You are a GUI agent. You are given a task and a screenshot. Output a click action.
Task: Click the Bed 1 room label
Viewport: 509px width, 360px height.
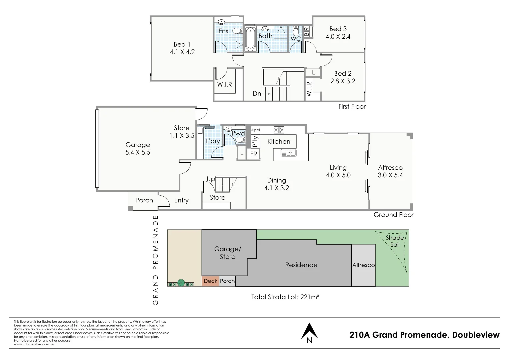click(x=182, y=44)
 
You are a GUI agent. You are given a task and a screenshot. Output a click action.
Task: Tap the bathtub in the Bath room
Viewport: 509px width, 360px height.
click(x=250, y=39)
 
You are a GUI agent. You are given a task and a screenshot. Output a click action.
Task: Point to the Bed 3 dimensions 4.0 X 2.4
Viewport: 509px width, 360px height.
click(x=338, y=37)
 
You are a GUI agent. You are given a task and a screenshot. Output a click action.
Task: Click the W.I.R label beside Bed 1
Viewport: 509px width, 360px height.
click(x=224, y=84)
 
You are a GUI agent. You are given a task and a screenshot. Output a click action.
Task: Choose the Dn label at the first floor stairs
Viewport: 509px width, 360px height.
click(x=257, y=94)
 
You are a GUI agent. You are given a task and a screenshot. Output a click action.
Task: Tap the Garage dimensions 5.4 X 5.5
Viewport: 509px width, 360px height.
click(x=138, y=152)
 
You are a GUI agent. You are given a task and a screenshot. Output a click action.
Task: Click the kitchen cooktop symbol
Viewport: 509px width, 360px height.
click(x=279, y=130)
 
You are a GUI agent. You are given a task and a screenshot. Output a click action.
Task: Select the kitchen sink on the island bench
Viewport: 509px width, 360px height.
click(x=288, y=153)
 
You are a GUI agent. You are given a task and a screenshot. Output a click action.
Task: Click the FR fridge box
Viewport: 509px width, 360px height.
click(x=254, y=154)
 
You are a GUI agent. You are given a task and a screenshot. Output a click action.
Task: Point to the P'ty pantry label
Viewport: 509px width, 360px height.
click(x=255, y=141)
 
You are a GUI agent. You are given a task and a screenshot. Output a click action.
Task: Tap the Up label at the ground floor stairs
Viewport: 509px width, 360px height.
click(x=211, y=179)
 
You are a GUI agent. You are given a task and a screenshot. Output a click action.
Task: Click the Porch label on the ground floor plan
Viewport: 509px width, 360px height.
click(x=144, y=200)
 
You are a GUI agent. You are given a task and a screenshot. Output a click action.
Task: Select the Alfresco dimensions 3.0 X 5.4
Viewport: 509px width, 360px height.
click(x=390, y=175)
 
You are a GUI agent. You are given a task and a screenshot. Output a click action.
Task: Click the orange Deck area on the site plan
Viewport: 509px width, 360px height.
click(x=210, y=281)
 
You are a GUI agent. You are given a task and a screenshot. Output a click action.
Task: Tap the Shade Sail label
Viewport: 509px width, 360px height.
click(x=395, y=241)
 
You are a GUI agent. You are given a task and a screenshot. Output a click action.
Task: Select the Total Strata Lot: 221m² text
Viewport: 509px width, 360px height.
click(x=285, y=297)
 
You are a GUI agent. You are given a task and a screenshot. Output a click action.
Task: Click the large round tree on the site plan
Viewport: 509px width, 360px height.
click(x=181, y=283)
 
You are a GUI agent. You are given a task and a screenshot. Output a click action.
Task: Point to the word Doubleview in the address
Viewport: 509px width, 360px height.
click(x=476, y=335)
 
